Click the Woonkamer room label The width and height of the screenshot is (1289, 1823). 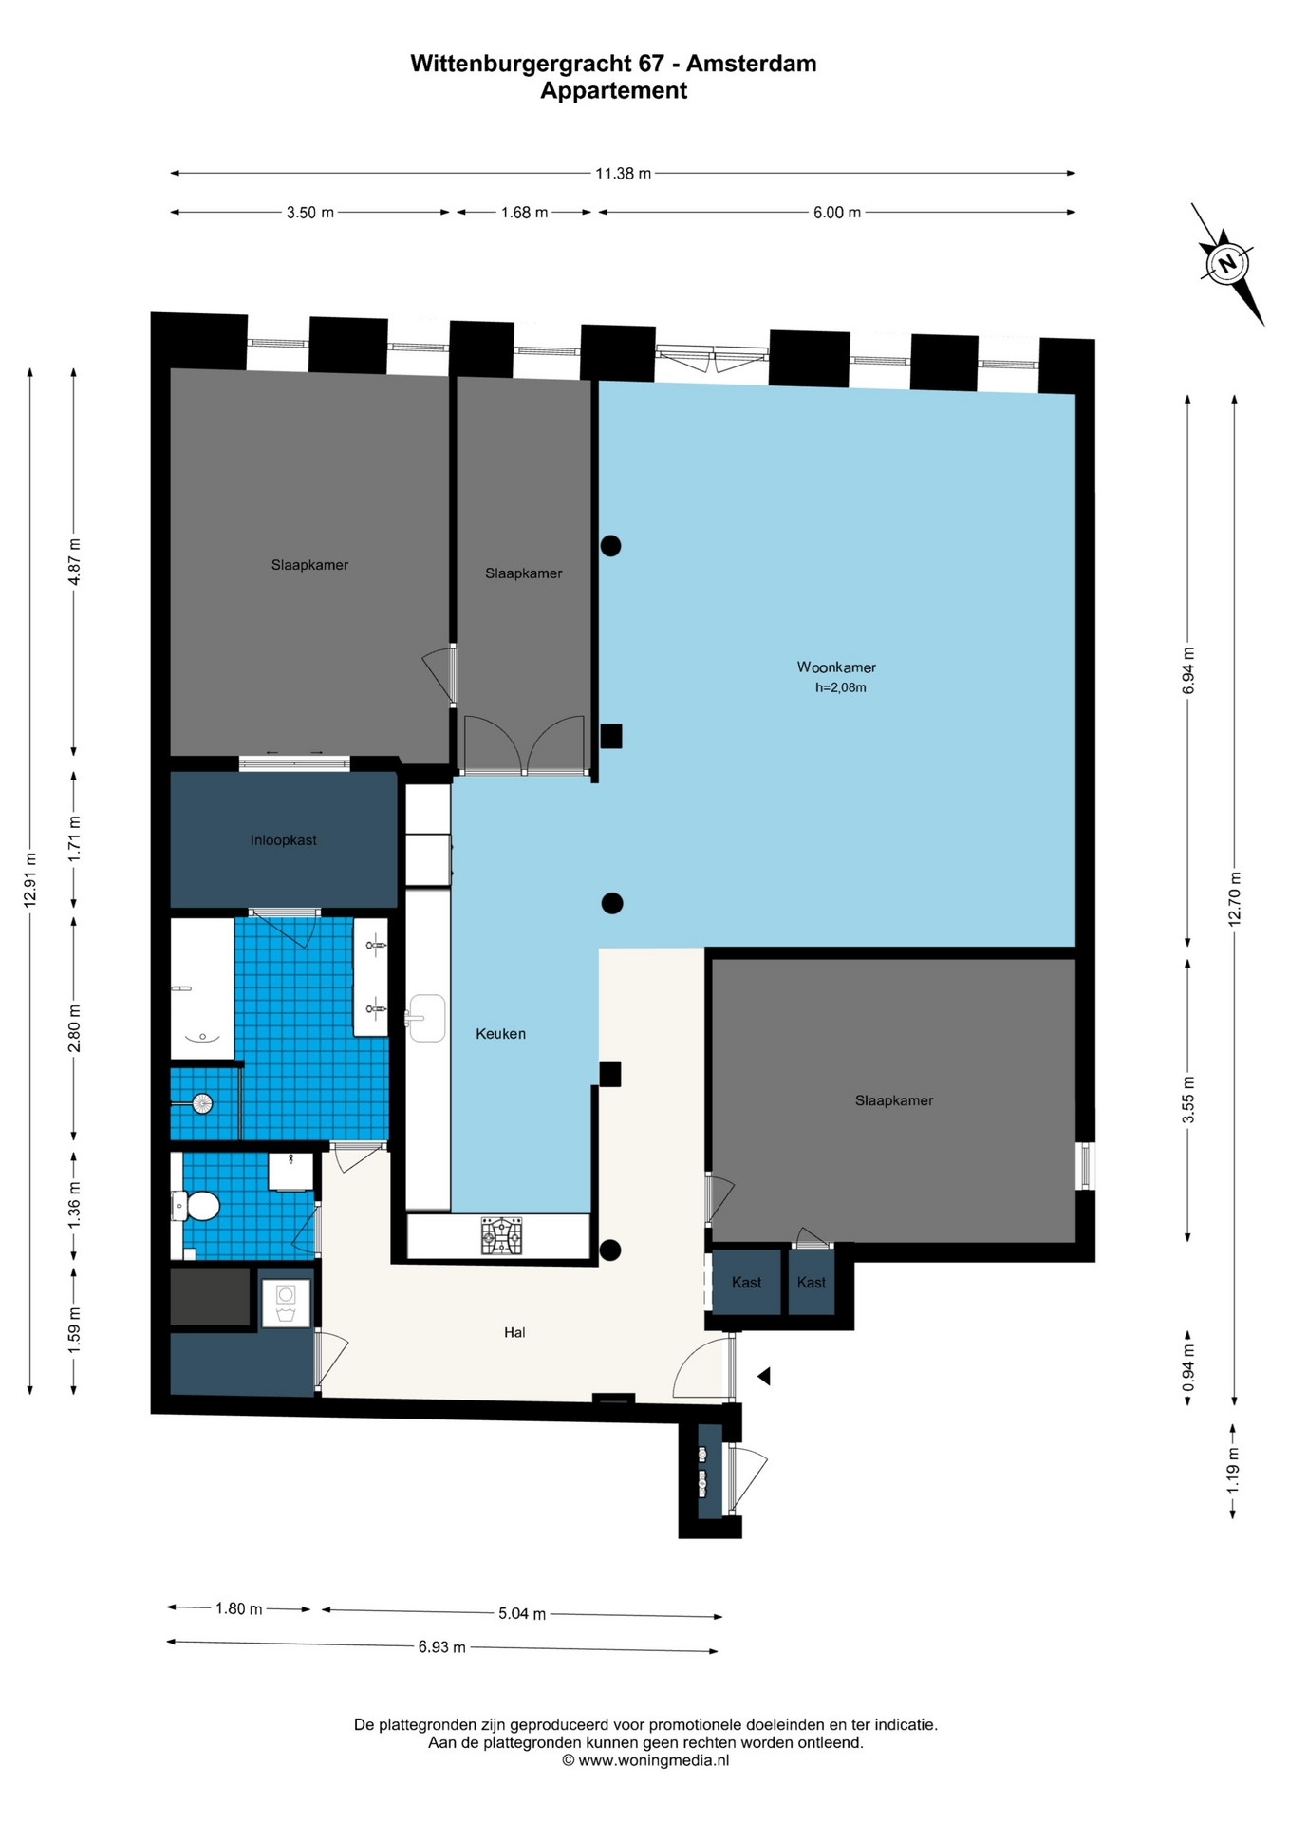tap(836, 667)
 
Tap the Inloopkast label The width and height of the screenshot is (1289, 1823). tap(284, 840)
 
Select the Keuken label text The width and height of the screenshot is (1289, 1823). tap(500, 1034)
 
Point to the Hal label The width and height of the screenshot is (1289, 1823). tap(514, 1333)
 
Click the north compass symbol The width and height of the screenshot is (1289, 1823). tap(1227, 263)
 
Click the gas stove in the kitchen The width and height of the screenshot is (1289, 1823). tap(501, 1235)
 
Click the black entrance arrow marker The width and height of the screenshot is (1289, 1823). tap(763, 1376)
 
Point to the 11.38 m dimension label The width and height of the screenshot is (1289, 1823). tap(623, 174)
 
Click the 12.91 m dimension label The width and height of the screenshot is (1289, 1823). tap(30, 880)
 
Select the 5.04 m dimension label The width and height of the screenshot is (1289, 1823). tap(522, 1613)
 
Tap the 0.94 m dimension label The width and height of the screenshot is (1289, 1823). tap(1187, 1368)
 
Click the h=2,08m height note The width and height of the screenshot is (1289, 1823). tap(841, 687)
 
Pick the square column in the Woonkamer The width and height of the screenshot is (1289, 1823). tap(611, 736)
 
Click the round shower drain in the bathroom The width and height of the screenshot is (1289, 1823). tap(201, 1103)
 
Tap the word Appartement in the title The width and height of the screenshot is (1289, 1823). tap(613, 91)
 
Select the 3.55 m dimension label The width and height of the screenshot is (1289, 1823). tap(1187, 1099)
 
